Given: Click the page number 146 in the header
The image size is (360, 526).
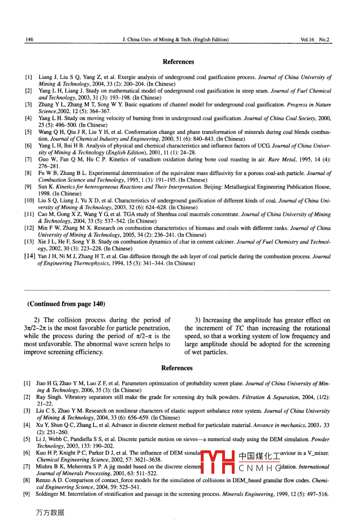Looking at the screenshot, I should [x=29, y=39].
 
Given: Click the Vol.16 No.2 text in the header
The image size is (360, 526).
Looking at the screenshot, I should [x=315, y=39].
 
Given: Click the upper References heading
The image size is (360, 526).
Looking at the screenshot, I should [x=178, y=62].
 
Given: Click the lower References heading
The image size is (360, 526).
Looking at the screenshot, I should [x=177, y=368].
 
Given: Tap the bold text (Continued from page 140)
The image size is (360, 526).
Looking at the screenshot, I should [x=66, y=304].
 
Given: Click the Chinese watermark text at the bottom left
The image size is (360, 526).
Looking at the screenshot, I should [x=50, y=512].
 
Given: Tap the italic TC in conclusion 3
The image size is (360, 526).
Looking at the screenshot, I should [x=239, y=328].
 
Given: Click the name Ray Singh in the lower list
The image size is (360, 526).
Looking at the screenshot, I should [x=49, y=397].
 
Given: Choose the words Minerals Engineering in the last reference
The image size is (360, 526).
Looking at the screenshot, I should [x=246, y=494].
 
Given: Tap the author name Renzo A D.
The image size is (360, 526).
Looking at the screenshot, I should [x=50, y=481].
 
